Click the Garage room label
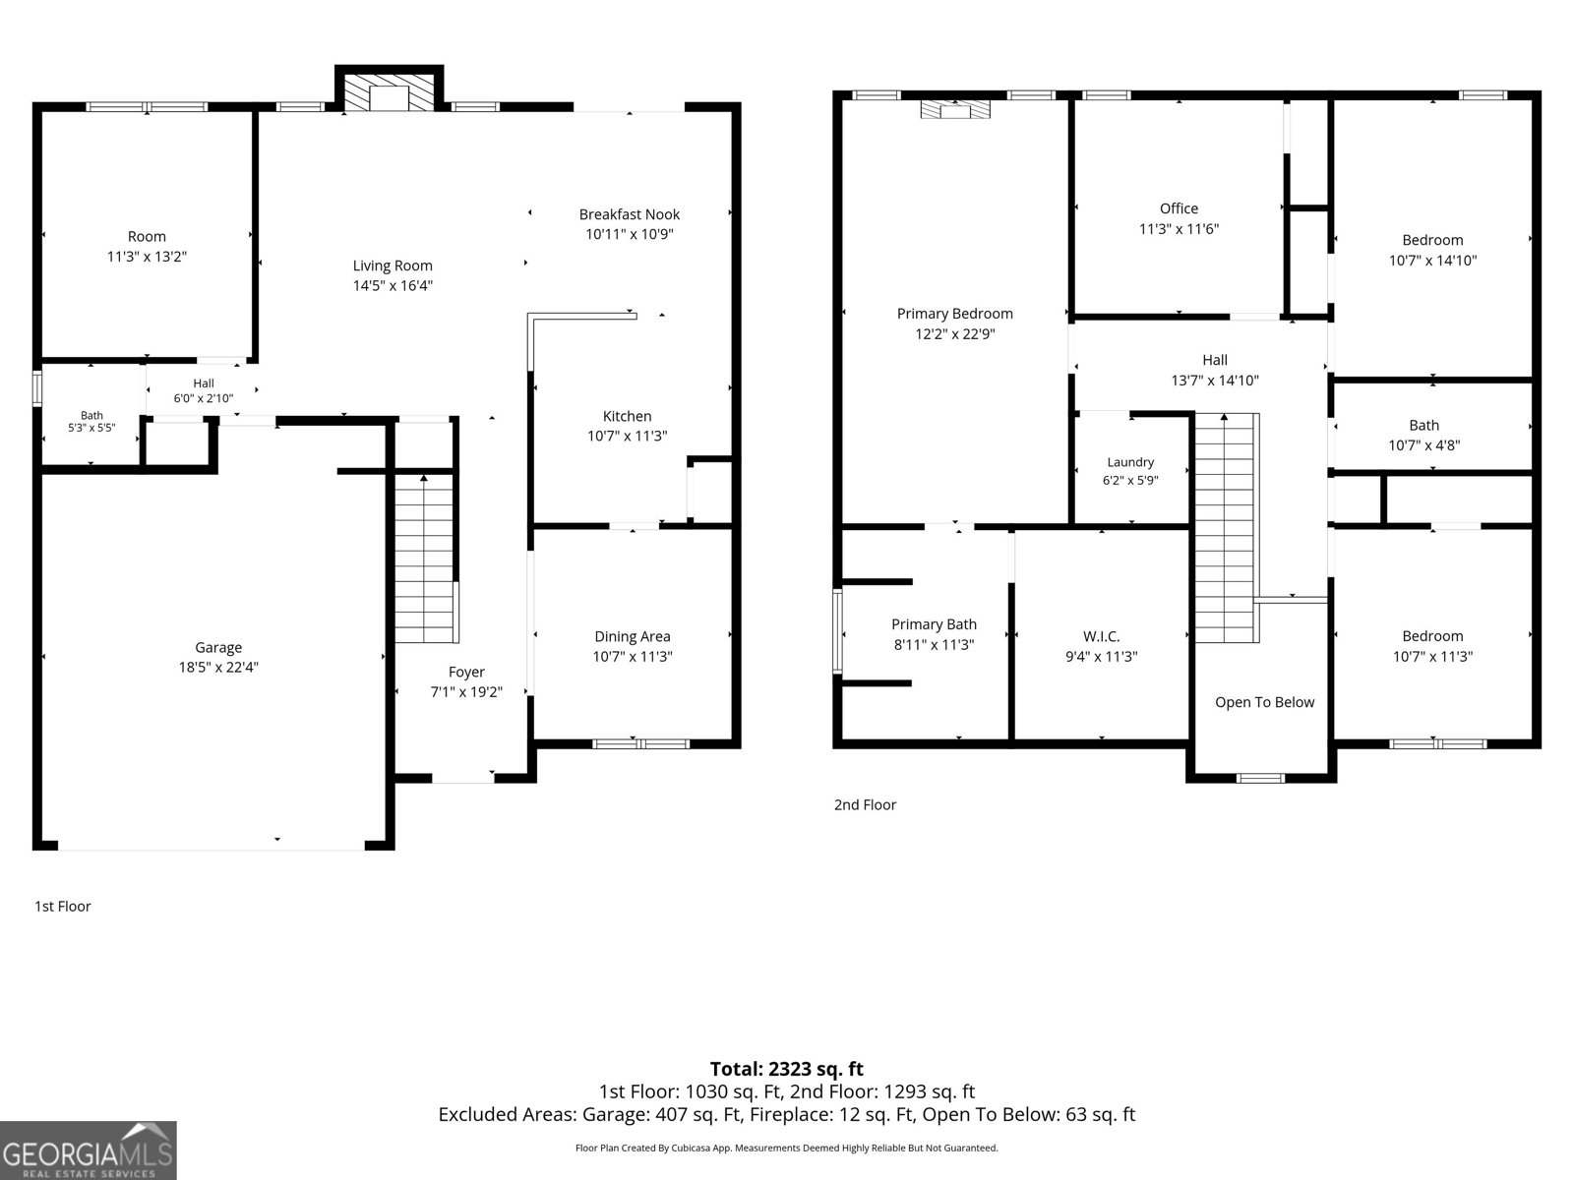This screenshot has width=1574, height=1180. click(x=218, y=648)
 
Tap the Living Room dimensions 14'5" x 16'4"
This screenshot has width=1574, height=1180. click(x=393, y=285)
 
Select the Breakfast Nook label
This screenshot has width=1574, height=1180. click(x=629, y=214)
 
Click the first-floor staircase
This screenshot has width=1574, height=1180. click(x=425, y=558)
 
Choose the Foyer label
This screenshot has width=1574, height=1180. click(x=466, y=672)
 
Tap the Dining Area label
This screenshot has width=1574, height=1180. click(x=632, y=636)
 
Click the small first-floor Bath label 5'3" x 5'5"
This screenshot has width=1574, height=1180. click(x=91, y=421)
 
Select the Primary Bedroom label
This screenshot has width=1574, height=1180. click(x=954, y=314)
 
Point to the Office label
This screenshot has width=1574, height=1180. click(x=1179, y=208)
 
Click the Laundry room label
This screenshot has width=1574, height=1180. click(x=1130, y=462)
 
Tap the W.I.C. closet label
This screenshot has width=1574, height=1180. click(x=1102, y=636)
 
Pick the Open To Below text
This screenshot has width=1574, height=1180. click(x=1264, y=702)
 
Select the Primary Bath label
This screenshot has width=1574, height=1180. click(x=934, y=624)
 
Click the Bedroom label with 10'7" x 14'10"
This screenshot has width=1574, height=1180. click(x=1432, y=240)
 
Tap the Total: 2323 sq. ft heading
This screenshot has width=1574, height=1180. click(x=787, y=1069)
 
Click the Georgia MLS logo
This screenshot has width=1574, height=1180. click(x=89, y=1150)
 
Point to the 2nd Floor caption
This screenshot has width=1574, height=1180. click(x=865, y=804)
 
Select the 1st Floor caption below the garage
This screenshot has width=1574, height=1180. click(x=62, y=907)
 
